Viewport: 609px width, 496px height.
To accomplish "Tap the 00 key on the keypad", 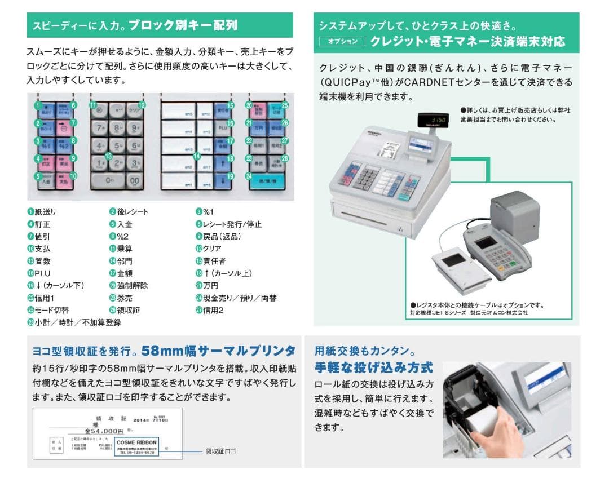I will pos(135,180).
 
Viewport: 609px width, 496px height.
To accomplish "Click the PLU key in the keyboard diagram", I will pos(220,128).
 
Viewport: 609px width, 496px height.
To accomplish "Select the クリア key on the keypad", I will pos(134,110).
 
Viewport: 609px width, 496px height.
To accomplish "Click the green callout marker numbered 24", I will pos(248,176).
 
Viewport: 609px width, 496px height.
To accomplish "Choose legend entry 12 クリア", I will pos(208,249).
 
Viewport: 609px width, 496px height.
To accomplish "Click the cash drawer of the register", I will pos(383,219).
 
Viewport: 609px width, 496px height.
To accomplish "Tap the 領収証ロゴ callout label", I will pos(221,451).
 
